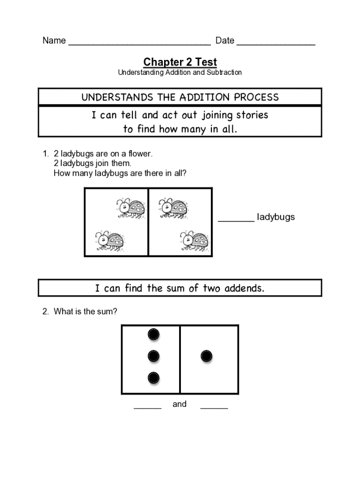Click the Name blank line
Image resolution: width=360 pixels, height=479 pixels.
point(139,44)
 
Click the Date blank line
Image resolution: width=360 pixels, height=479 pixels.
point(276,44)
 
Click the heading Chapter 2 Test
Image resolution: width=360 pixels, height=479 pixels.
point(180,62)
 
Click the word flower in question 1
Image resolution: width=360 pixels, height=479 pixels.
point(140,154)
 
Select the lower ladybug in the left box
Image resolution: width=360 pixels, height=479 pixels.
point(109,241)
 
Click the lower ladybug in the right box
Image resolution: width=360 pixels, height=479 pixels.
point(194,241)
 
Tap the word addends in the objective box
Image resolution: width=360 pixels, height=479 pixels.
point(244,288)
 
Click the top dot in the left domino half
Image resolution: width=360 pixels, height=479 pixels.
point(153,334)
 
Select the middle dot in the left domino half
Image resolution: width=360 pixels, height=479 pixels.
point(153,356)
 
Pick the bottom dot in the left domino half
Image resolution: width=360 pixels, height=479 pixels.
point(153,378)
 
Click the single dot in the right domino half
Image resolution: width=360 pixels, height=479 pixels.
point(207,356)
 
